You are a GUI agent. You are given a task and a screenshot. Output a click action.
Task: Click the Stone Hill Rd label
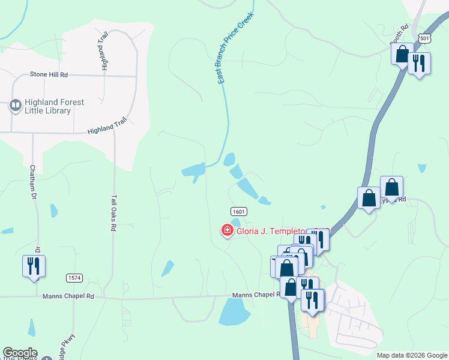[x=49, y=75]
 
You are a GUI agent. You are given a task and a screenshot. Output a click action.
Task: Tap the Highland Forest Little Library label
[x=55, y=106]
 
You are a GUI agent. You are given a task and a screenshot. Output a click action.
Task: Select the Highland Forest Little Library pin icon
[x=16, y=106]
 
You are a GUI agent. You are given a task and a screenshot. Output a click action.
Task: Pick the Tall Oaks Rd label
[x=113, y=212]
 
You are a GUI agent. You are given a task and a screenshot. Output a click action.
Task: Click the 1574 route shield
[x=74, y=278]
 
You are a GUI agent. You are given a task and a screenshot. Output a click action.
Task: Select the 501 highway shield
[x=425, y=38]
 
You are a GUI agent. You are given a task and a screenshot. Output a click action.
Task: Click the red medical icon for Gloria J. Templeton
[x=228, y=230]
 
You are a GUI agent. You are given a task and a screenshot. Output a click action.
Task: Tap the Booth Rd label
[x=399, y=35]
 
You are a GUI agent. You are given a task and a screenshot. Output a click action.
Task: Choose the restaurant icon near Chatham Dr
[x=34, y=266]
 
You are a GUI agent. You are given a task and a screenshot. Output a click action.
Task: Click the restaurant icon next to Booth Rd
[x=419, y=62]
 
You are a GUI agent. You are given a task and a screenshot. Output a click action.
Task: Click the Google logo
[x=20, y=353]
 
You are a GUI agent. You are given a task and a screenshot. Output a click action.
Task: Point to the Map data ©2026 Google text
[x=411, y=355]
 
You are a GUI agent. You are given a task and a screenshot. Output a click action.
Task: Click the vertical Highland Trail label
[x=104, y=51]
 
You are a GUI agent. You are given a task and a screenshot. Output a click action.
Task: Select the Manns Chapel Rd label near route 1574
[x=68, y=296]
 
